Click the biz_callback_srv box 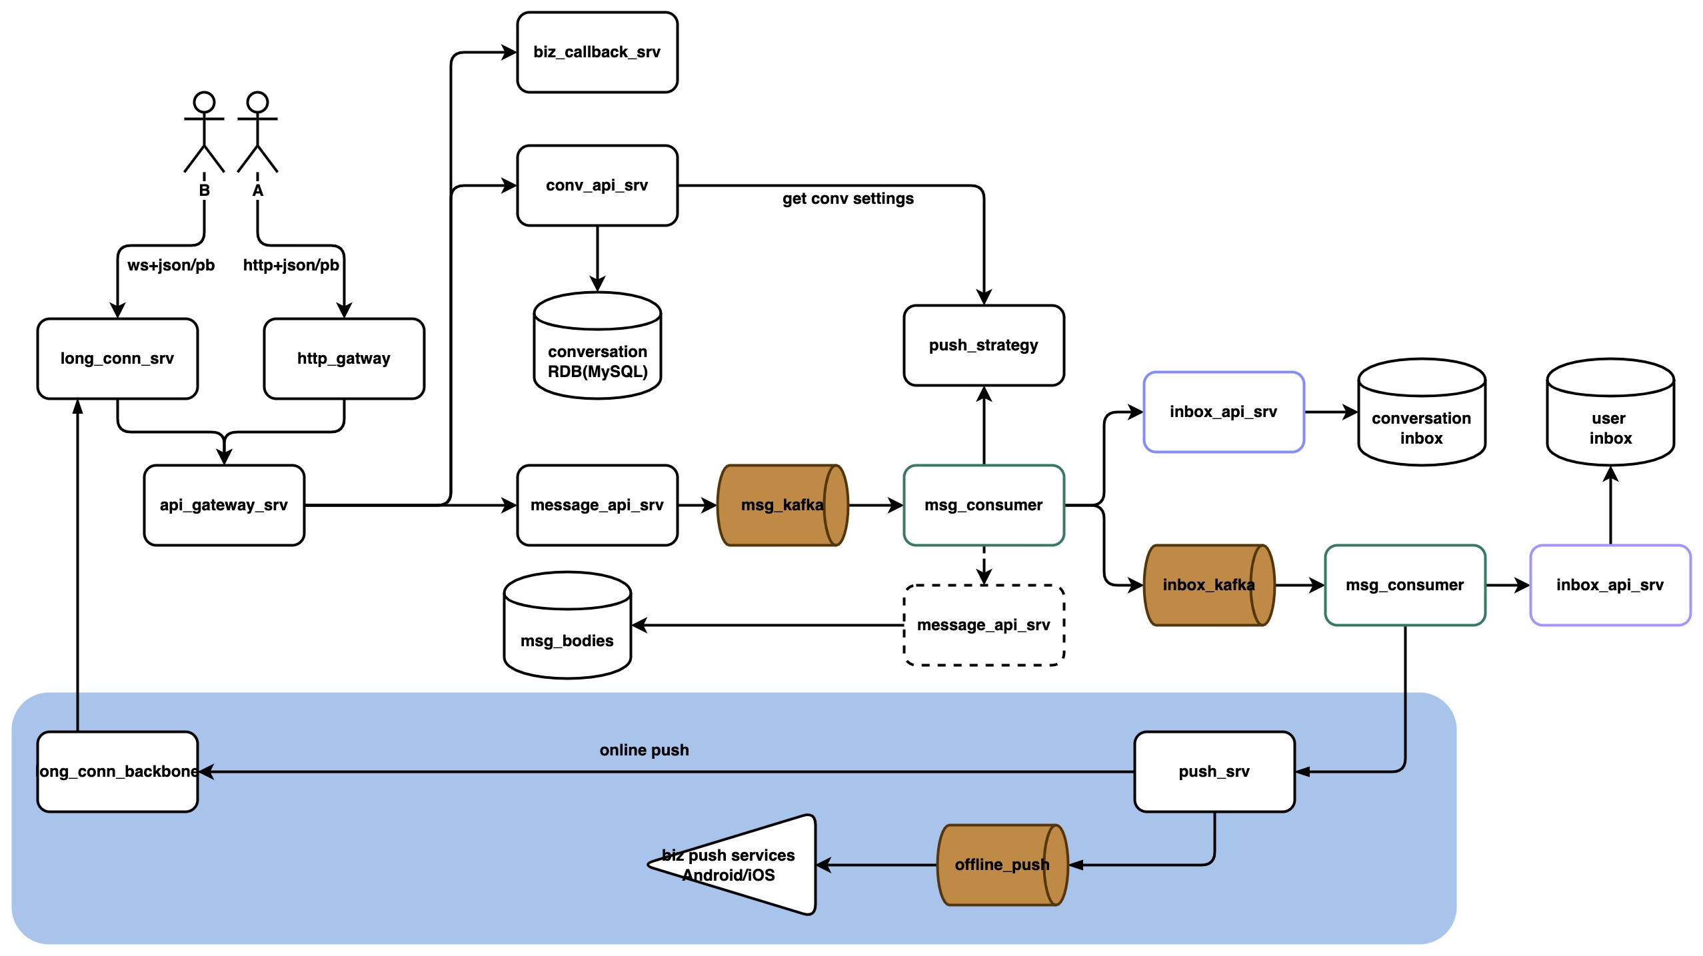[x=597, y=52]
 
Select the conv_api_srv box [x=597, y=185]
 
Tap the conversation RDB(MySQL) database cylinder [x=597, y=345]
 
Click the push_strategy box [x=984, y=345]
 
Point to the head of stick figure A [x=257, y=102]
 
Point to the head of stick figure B [x=204, y=102]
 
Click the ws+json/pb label [x=171, y=265]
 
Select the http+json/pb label [x=291, y=265]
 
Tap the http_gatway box [x=344, y=358]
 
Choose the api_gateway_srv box [x=224, y=505]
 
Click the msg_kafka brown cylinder [x=783, y=505]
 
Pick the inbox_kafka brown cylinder [x=1209, y=585]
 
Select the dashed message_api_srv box [x=984, y=625]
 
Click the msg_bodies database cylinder [x=567, y=625]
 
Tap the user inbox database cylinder [x=1610, y=412]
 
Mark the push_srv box [x=1214, y=771]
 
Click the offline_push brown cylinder [x=1002, y=865]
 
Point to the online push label [x=644, y=750]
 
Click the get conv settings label [x=848, y=199]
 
